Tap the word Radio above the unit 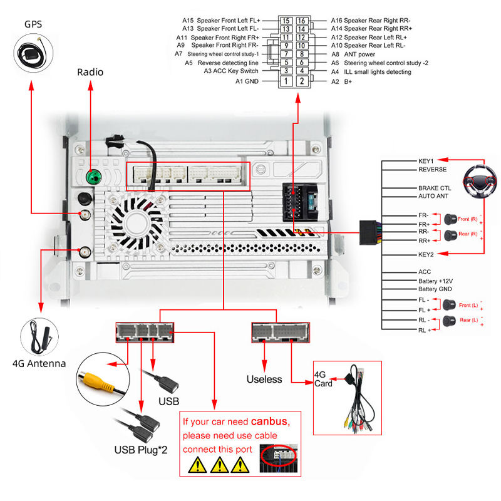(x=90, y=72)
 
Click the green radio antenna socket (x=93, y=177)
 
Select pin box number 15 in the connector (x=286, y=21)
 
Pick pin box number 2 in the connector (x=302, y=81)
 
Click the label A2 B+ (x=341, y=81)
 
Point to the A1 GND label (x=247, y=81)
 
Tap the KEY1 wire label (x=426, y=160)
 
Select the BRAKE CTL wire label (x=435, y=188)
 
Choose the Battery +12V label (x=435, y=281)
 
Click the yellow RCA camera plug (x=95, y=378)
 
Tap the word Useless (x=264, y=379)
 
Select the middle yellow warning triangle (x=219, y=464)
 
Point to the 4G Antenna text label (x=39, y=363)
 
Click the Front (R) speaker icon (x=450, y=219)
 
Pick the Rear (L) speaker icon (x=448, y=321)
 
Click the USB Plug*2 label (x=141, y=449)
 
